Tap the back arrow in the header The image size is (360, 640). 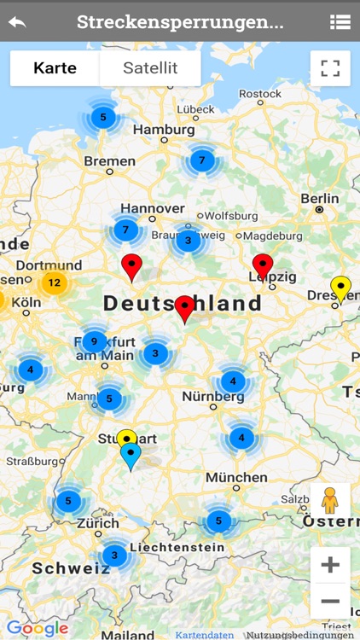pos(17,22)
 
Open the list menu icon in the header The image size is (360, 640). pos(340,22)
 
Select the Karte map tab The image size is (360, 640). pos(55,68)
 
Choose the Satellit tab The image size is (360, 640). pos(150,68)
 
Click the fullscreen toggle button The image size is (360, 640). pos(330,68)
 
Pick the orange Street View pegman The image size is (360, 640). pos(330,501)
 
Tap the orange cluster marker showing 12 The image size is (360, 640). pos(54,282)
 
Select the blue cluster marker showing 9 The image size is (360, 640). pos(95,341)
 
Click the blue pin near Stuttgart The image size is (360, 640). pos(131,456)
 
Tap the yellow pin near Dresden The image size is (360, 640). pos(341,287)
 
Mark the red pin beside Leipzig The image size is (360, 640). pos(263,265)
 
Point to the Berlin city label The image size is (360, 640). pos(320,199)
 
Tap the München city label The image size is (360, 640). pos(236,477)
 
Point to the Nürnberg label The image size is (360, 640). pos(213,397)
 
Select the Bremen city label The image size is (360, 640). pos(110,160)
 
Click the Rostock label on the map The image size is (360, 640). pos(260,94)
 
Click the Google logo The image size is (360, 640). pos(38,628)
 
